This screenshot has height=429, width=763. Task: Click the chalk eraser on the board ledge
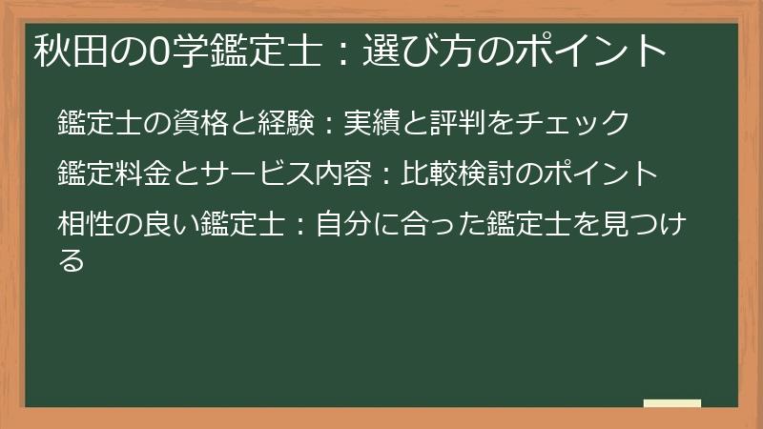[x=672, y=403]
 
